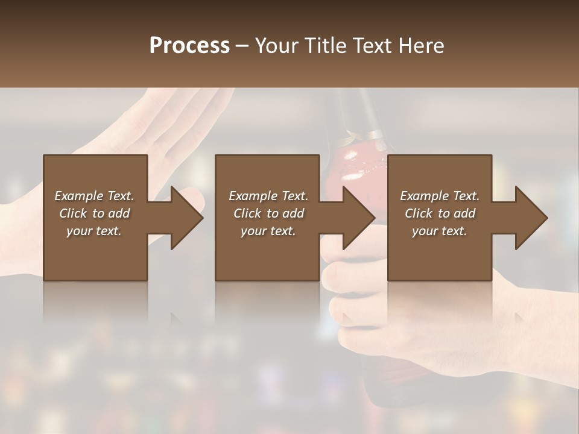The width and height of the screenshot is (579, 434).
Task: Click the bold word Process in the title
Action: (x=189, y=45)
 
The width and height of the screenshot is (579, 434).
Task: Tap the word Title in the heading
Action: (x=324, y=45)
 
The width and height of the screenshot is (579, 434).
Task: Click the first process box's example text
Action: (x=94, y=213)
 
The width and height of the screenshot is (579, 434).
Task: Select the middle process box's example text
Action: (x=268, y=213)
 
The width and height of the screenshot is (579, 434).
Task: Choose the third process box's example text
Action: (x=440, y=213)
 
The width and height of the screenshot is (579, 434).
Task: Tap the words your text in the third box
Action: (x=440, y=231)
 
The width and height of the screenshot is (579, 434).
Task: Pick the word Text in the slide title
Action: (x=371, y=45)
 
